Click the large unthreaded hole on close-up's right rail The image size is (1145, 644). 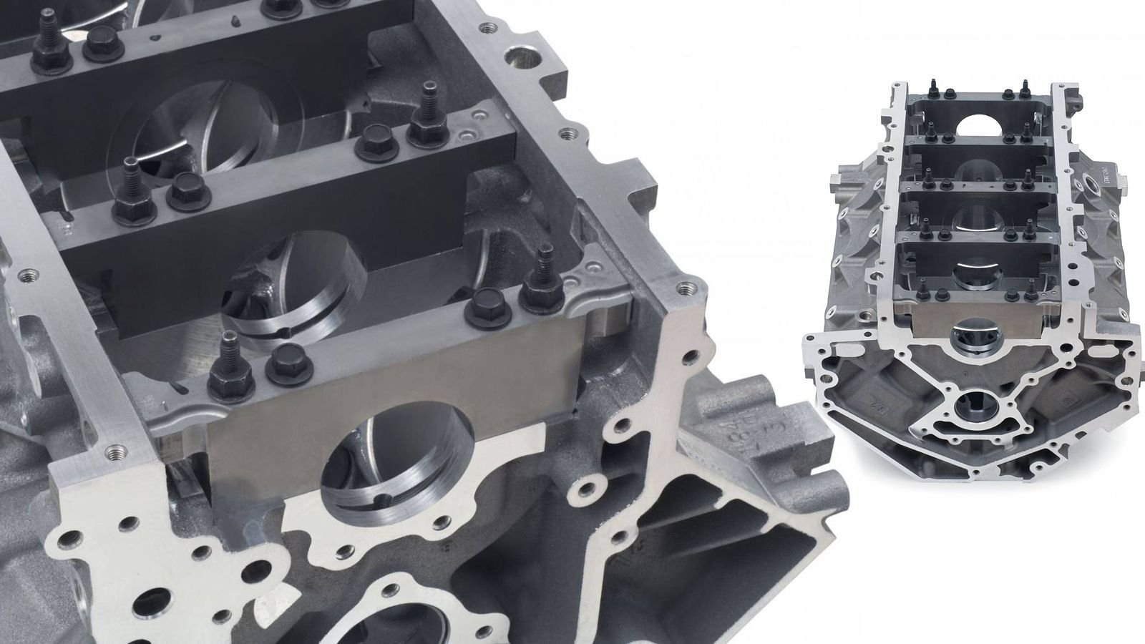516,54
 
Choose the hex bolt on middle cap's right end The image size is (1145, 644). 375,137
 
